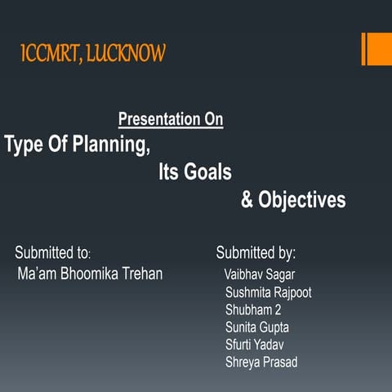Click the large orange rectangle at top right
[378, 49]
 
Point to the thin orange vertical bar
[363, 49]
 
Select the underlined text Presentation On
[171, 120]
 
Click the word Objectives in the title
[302, 200]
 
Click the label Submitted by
[256, 252]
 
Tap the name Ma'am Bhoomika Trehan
[90, 274]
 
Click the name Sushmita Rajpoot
[268, 292]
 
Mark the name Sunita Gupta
[257, 327]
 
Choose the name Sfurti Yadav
[255, 344]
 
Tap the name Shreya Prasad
[261, 362]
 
